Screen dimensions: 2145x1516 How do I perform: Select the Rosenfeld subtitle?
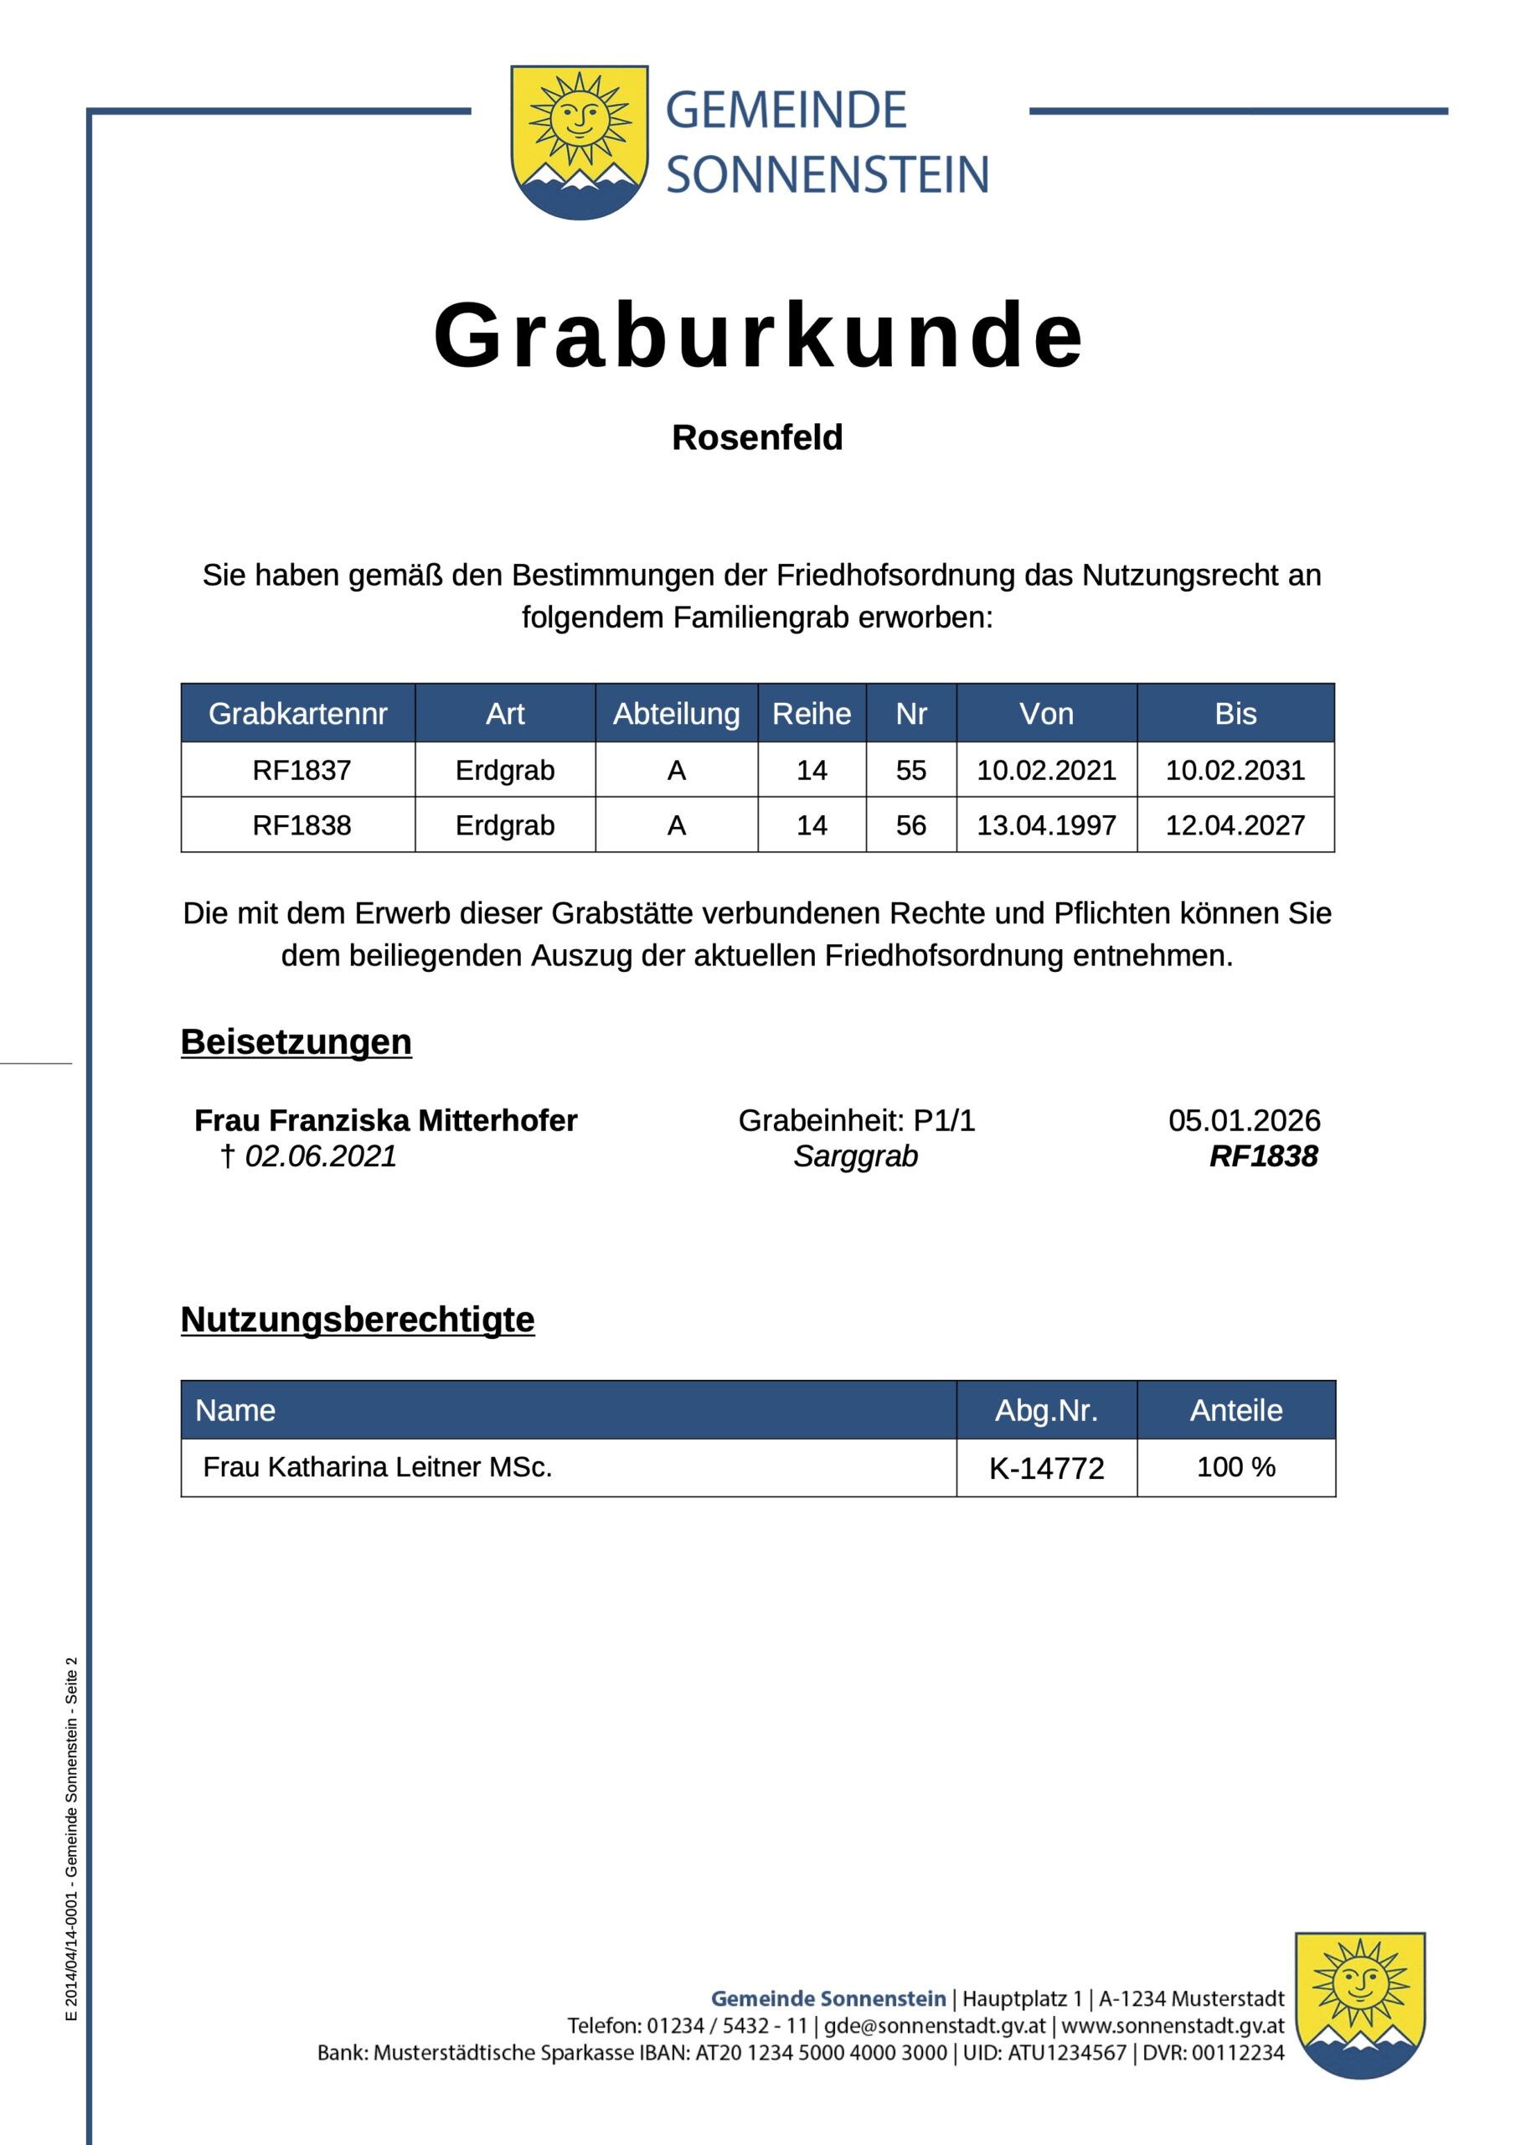coord(756,437)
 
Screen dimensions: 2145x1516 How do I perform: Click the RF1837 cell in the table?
coord(301,770)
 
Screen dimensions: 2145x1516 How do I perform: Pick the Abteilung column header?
coord(676,714)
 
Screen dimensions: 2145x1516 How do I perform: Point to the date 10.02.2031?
coord(1235,770)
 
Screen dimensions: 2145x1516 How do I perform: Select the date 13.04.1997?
coord(1046,825)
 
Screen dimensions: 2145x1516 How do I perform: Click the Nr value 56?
coord(910,825)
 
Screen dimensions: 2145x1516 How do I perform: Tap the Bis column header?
coord(1235,714)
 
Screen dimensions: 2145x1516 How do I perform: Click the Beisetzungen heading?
coord(296,1041)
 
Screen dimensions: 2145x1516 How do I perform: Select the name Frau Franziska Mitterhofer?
coord(386,1120)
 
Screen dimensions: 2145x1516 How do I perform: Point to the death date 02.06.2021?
coord(321,1156)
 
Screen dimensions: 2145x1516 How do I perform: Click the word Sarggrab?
coord(856,1156)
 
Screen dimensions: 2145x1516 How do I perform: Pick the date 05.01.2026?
coord(1244,1120)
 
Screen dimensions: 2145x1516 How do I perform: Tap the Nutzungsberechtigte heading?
coord(358,1319)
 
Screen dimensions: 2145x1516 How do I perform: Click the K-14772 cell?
coord(1046,1469)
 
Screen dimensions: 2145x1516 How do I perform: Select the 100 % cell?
coord(1235,1467)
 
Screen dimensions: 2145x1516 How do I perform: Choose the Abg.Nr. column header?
coord(1046,1410)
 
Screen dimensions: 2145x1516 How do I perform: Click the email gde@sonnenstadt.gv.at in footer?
coord(934,2025)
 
